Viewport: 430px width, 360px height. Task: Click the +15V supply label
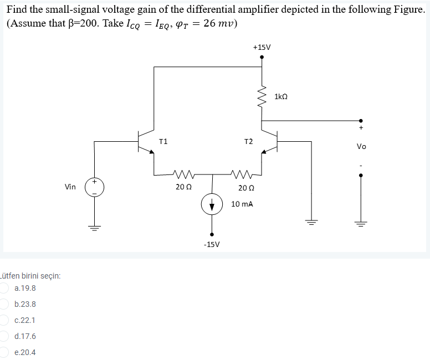point(262,47)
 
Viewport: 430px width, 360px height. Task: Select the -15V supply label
point(211,244)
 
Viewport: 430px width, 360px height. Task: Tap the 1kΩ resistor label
point(281,97)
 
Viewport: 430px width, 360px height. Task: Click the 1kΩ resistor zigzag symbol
point(262,97)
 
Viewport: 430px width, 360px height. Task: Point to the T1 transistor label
point(163,142)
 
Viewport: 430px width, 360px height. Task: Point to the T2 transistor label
point(248,142)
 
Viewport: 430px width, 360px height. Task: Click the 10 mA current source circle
point(211,204)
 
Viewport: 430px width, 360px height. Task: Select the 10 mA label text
point(242,204)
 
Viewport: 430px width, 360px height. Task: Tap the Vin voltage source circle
point(94,187)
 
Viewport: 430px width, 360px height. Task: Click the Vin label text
point(70,187)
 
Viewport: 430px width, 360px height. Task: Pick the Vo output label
point(361,147)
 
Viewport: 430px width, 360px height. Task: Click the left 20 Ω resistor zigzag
point(181,173)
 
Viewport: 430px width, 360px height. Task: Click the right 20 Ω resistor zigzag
point(242,173)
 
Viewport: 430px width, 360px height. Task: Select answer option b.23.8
point(25,304)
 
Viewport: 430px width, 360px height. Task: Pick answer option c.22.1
point(25,320)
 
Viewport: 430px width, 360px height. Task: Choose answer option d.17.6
point(25,336)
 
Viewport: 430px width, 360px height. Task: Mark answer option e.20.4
point(25,352)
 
